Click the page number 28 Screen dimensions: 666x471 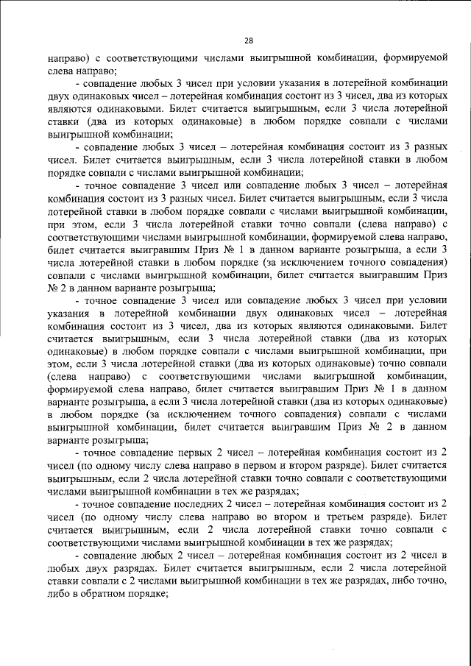tap(248, 41)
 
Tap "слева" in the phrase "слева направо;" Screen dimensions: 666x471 tap(64, 70)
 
